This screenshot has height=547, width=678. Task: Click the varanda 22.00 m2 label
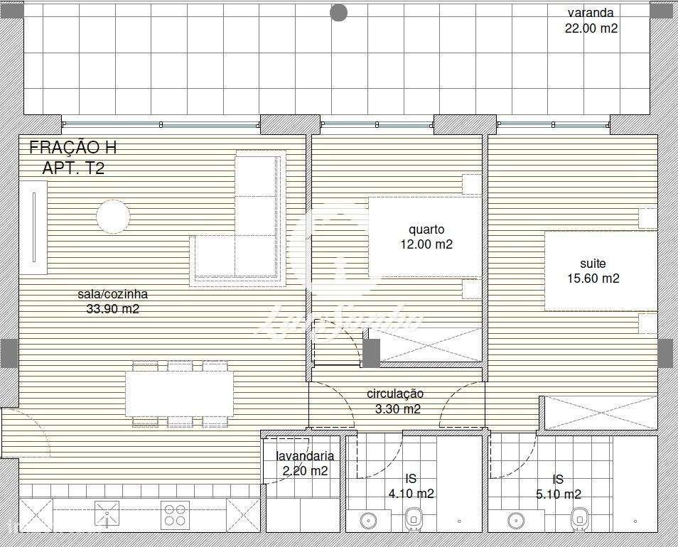[x=591, y=21]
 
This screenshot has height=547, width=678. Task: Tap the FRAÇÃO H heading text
[x=72, y=148]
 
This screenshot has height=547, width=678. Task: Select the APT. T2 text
[x=72, y=168]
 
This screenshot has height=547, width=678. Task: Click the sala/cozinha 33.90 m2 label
[x=113, y=301]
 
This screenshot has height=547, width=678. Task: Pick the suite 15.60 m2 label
[x=593, y=271]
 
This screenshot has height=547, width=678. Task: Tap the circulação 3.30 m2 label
[x=397, y=401]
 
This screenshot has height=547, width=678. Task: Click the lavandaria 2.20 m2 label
[x=304, y=463]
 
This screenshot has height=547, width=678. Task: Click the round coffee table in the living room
[x=113, y=215]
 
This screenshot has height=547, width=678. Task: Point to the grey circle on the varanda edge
[x=339, y=13]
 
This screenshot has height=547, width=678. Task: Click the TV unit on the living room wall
[x=34, y=227]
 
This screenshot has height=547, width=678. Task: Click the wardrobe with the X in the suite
[x=599, y=413]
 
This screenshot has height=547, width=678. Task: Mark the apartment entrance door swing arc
[x=21, y=430]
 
